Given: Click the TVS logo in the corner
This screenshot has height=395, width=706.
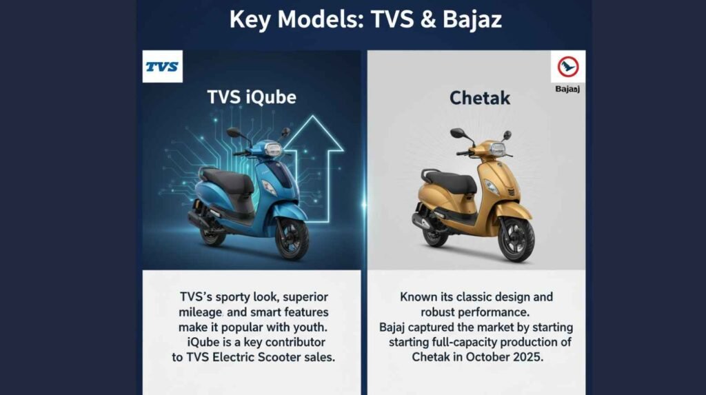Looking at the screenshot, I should coord(162,67).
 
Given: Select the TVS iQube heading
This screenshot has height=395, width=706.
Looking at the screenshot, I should coord(252,97).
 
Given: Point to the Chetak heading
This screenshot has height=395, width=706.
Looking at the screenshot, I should coord(480,98).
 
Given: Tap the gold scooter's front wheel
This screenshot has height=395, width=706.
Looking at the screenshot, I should coord(516,238).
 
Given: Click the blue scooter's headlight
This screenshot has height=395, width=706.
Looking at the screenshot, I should coord(273,150).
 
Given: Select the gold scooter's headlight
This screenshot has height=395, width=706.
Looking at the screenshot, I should coord(497,150).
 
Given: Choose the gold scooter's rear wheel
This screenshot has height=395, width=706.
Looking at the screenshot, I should coord(434,233).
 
